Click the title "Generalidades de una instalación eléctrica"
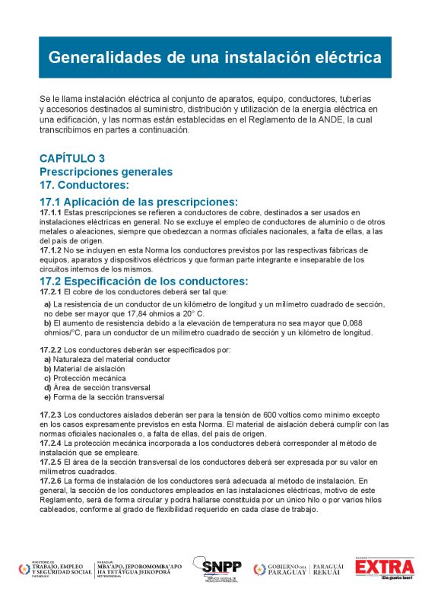[x=215, y=57]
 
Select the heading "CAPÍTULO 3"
[x=72, y=159]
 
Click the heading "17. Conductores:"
[x=84, y=185]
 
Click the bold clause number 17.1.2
[x=51, y=250]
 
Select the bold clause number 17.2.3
[x=51, y=415]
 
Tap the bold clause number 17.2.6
[x=51, y=482]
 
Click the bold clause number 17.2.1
[x=51, y=291]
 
